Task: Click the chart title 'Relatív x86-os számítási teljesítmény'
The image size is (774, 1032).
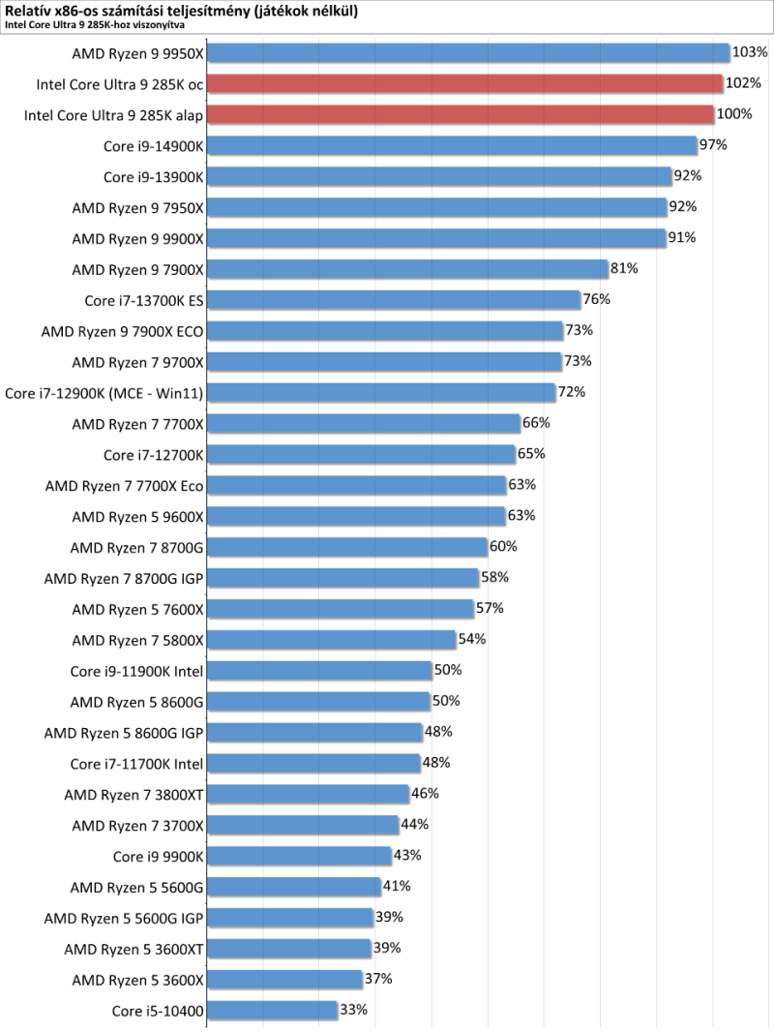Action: click(x=180, y=11)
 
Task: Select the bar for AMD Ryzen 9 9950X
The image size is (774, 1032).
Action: click(x=468, y=52)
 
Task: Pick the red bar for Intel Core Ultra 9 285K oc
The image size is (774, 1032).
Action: click(x=465, y=83)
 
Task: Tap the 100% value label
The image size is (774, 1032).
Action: click(x=734, y=114)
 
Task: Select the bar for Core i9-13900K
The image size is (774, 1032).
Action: click(x=439, y=176)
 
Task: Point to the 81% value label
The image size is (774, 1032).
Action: click(x=623, y=268)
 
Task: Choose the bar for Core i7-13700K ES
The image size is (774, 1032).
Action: click(x=394, y=299)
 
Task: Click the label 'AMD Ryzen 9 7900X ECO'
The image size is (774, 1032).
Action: click(x=122, y=330)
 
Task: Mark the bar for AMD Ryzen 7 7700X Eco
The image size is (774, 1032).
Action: click(x=357, y=484)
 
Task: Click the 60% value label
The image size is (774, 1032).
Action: click(x=503, y=546)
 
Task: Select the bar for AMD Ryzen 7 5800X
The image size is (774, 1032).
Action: click(x=331, y=639)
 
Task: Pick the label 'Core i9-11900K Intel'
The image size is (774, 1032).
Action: click(x=137, y=670)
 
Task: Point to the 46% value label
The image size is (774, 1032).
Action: click(x=426, y=793)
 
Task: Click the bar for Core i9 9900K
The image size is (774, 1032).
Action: click(x=299, y=855)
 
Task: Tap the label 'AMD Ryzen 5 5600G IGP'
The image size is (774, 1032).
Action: click(x=124, y=917)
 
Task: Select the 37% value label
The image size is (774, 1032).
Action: click(x=378, y=979)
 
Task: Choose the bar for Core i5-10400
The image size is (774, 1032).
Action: click(x=272, y=1010)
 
